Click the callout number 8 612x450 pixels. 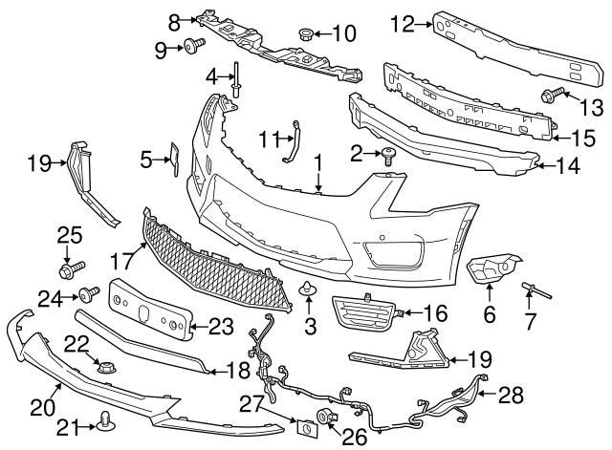coord(173,19)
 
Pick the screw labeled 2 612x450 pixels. coord(390,156)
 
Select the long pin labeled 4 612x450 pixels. coord(235,84)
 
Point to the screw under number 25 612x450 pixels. coord(73,268)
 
